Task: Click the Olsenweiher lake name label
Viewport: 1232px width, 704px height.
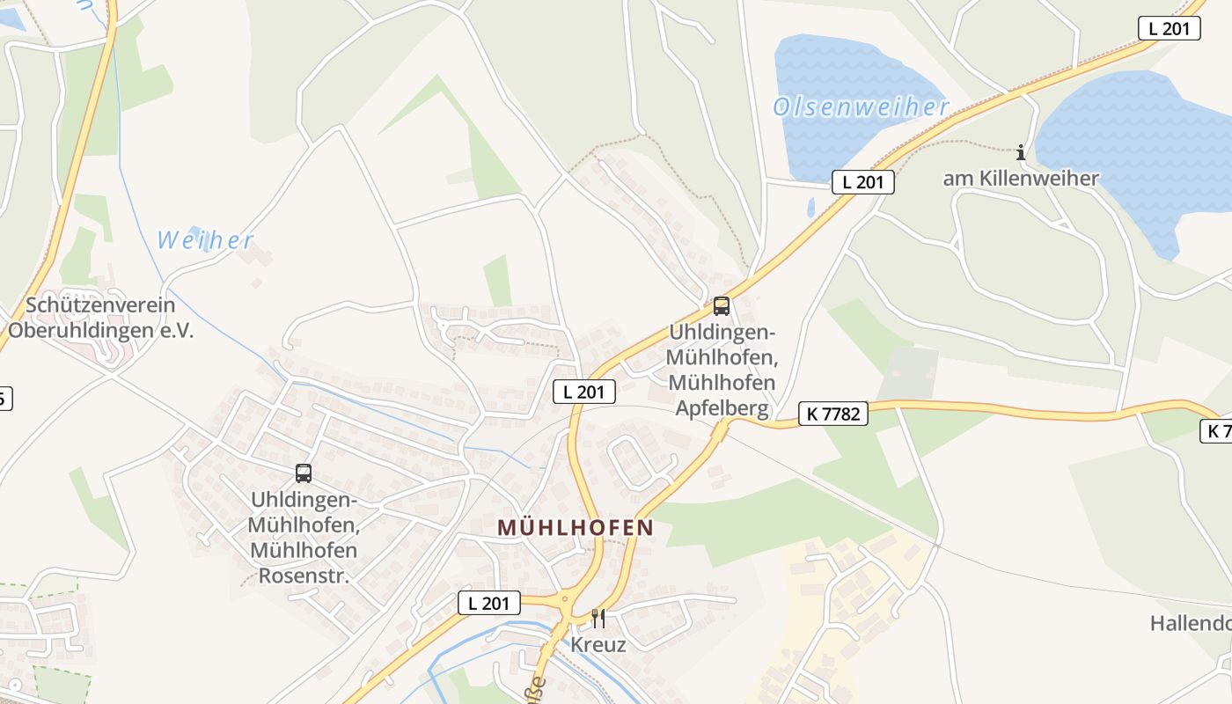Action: tap(861, 107)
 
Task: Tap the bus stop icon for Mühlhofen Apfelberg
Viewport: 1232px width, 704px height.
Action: tap(722, 306)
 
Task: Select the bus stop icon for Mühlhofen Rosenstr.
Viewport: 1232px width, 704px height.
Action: tap(304, 473)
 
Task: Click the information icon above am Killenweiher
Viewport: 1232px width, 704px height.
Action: tap(1021, 153)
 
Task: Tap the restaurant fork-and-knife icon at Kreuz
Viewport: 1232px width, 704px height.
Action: tap(598, 618)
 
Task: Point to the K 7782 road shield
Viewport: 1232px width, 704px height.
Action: tap(832, 413)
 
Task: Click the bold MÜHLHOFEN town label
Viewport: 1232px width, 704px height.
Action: tap(576, 528)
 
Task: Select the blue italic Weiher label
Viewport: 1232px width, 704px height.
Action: tap(205, 240)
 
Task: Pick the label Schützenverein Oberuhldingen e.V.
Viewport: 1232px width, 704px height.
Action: tap(100, 319)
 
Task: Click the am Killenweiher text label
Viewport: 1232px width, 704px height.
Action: tap(1021, 179)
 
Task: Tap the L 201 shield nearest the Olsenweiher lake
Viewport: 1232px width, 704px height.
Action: tap(862, 182)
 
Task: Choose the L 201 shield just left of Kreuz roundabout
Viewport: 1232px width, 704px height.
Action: tap(489, 603)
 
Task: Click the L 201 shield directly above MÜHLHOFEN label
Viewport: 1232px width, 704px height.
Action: tap(583, 392)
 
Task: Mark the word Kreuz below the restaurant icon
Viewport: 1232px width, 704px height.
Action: tap(598, 645)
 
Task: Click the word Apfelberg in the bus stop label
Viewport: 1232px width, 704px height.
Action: tap(722, 409)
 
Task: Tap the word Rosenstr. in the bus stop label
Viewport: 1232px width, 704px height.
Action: tap(304, 576)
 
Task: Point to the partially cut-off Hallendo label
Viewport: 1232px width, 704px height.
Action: tap(1191, 624)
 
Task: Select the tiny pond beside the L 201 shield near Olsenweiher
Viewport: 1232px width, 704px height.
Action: tap(810, 208)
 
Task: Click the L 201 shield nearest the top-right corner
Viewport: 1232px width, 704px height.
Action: tap(1169, 28)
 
